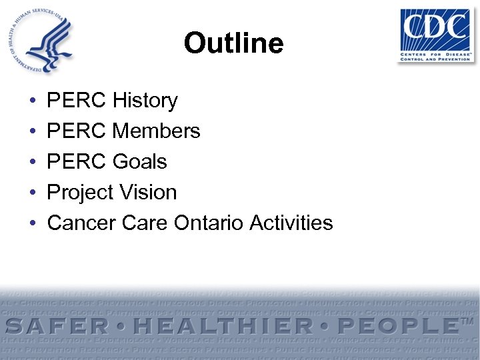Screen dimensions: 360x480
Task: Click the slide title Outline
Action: coord(234,44)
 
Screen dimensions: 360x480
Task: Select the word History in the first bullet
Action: coord(145,101)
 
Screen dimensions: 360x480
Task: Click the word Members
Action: coord(157,131)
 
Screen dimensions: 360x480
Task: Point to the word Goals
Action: coord(140,162)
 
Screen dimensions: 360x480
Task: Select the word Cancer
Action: coord(82,223)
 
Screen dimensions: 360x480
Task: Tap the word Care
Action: coord(145,223)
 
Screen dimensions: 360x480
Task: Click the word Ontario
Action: coord(209,223)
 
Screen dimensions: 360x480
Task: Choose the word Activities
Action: coord(291,223)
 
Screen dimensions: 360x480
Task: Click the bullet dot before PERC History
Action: coord(32,101)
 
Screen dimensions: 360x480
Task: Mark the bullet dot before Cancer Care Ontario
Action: coord(32,223)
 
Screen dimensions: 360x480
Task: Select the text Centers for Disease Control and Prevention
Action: coord(436,55)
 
